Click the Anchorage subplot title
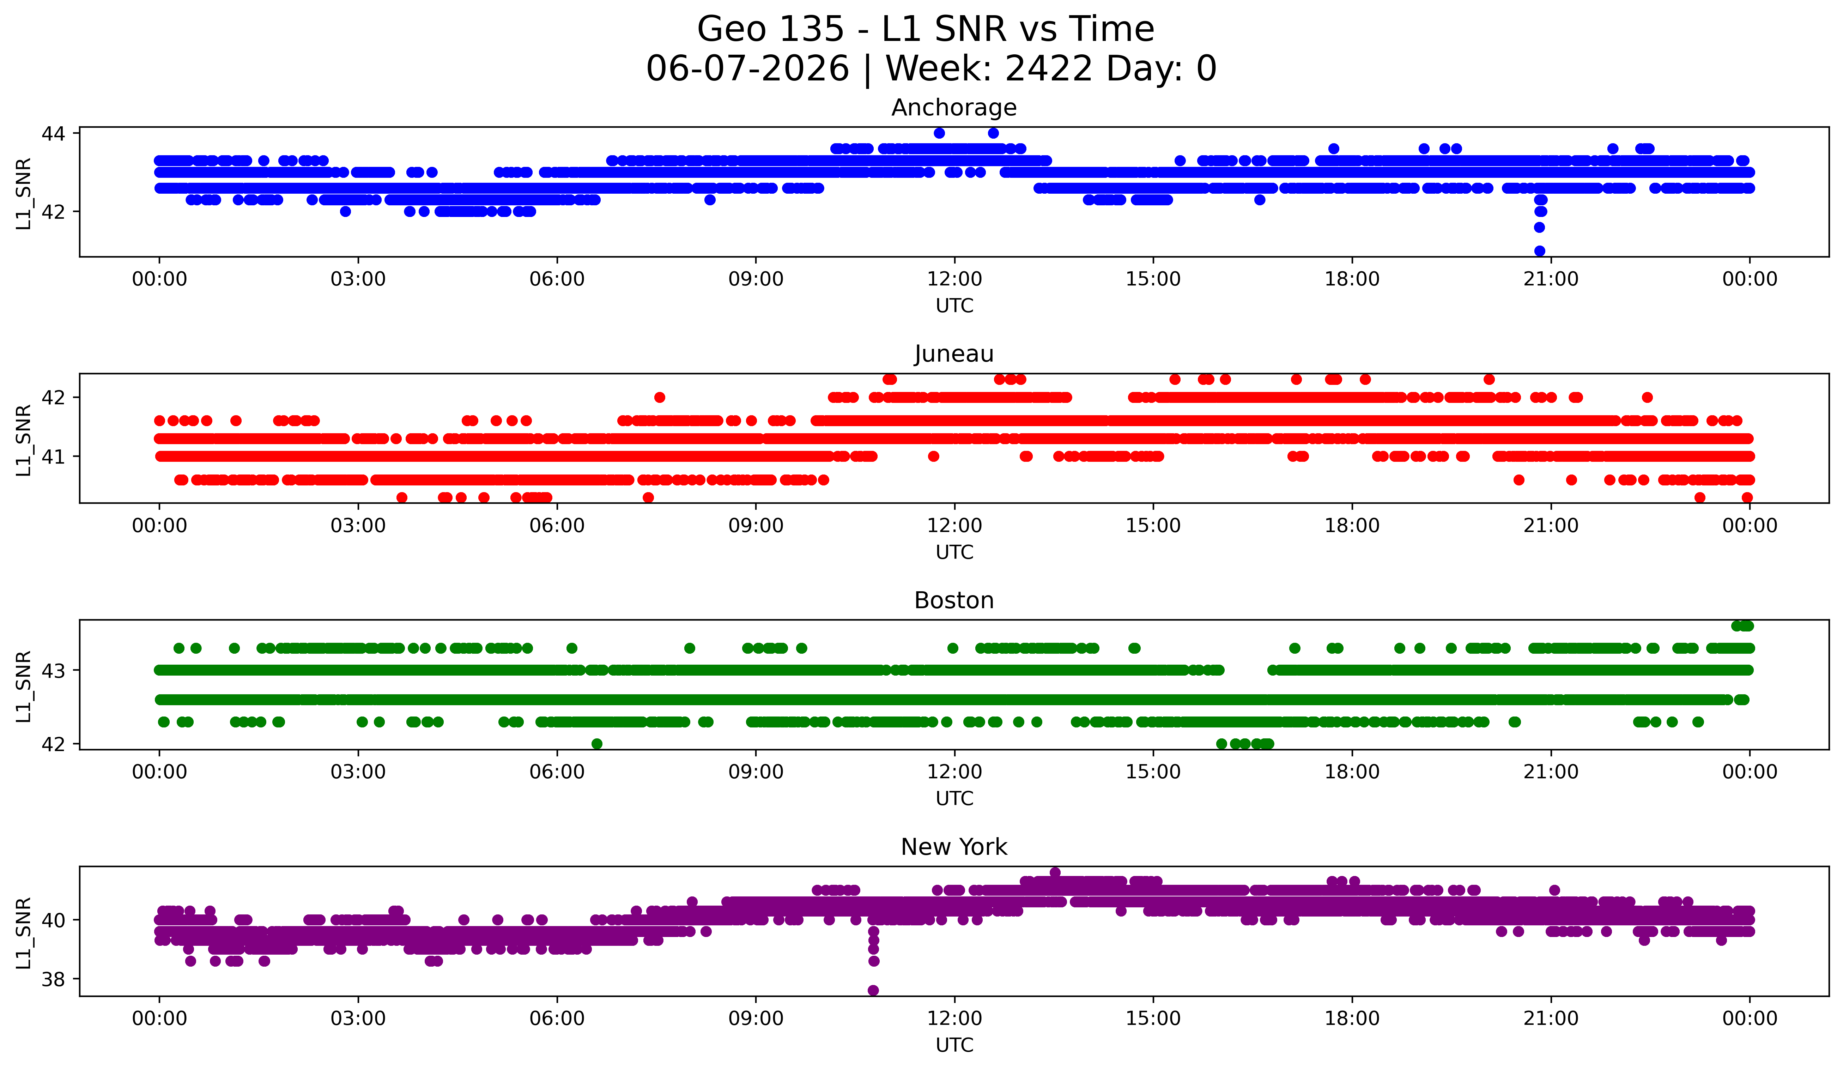point(954,108)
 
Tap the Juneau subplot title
point(954,354)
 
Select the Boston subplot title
point(954,600)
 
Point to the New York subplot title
point(954,847)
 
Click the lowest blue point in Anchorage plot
point(1540,251)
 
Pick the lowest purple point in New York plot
point(873,990)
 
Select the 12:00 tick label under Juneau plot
point(954,525)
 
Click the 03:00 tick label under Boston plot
point(358,772)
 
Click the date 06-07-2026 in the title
point(747,69)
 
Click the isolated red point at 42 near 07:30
point(660,397)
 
